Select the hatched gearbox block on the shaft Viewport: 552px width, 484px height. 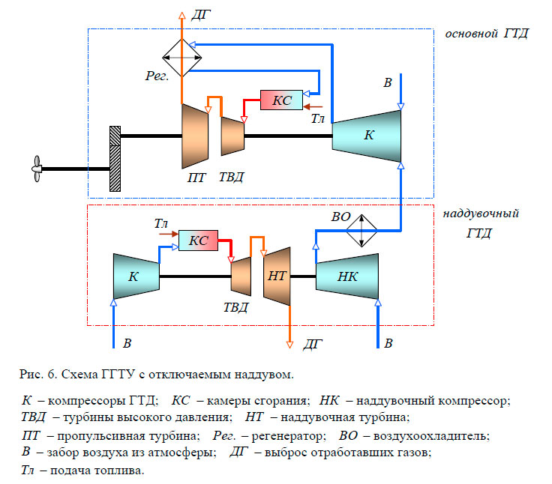pos(115,159)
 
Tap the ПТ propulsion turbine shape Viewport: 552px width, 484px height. pos(194,136)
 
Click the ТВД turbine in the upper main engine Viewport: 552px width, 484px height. pos(232,136)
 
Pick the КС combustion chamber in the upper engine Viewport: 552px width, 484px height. pos(281,100)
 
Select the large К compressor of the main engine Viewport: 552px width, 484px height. pos(367,136)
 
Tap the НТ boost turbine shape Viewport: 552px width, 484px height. pos(277,276)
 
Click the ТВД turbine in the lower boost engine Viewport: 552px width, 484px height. pos(241,276)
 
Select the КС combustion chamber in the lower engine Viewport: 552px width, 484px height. pos(198,241)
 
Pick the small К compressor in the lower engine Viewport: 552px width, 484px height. pos(135,276)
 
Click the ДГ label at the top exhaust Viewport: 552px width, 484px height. pos(202,13)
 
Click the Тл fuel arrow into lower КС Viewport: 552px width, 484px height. pos(166,235)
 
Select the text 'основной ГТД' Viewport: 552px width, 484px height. pos(486,34)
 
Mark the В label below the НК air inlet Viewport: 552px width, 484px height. pos(388,344)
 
